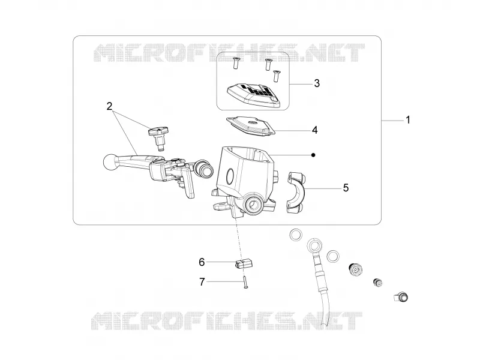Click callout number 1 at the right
pyautogui.click(x=407, y=120)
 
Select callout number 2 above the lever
pyautogui.click(x=109, y=107)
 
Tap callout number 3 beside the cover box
pyautogui.click(x=317, y=83)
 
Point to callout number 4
pyautogui.click(x=314, y=130)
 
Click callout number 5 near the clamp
pyautogui.click(x=346, y=188)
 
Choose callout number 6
pyautogui.click(x=202, y=262)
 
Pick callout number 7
pyautogui.click(x=202, y=282)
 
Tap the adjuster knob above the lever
pyautogui.click(x=158, y=138)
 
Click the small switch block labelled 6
pyautogui.click(x=244, y=264)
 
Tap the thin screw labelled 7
pyautogui.click(x=245, y=282)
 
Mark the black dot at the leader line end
pyautogui.click(x=313, y=155)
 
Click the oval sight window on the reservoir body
pyautogui.click(x=230, y=176)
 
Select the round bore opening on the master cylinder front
pyautogui.click(x=253, y=204)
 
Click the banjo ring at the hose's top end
pyautogui.click(x=314, y=245)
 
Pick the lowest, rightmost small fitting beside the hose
pyautogui.click(x=401, y=297)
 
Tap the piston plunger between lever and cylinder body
pyautogui.click(x=202, y=168)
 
